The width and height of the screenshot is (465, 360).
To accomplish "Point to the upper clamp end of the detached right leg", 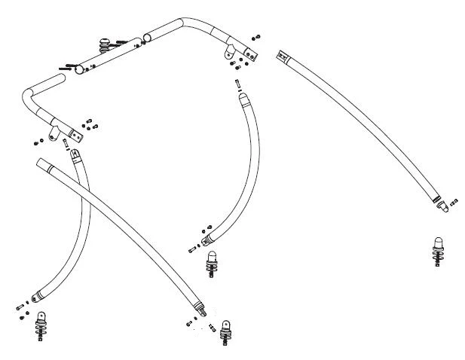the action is click(283, 56).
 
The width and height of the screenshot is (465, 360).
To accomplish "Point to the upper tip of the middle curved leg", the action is click(243, 97).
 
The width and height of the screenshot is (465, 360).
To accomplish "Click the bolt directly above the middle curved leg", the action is click(237, 84).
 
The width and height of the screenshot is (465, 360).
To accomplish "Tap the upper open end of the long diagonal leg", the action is click(41, 163).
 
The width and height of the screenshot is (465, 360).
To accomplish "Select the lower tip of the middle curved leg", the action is click(205, 239).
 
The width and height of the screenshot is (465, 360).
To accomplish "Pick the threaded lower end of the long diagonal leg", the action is click(200, 310).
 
